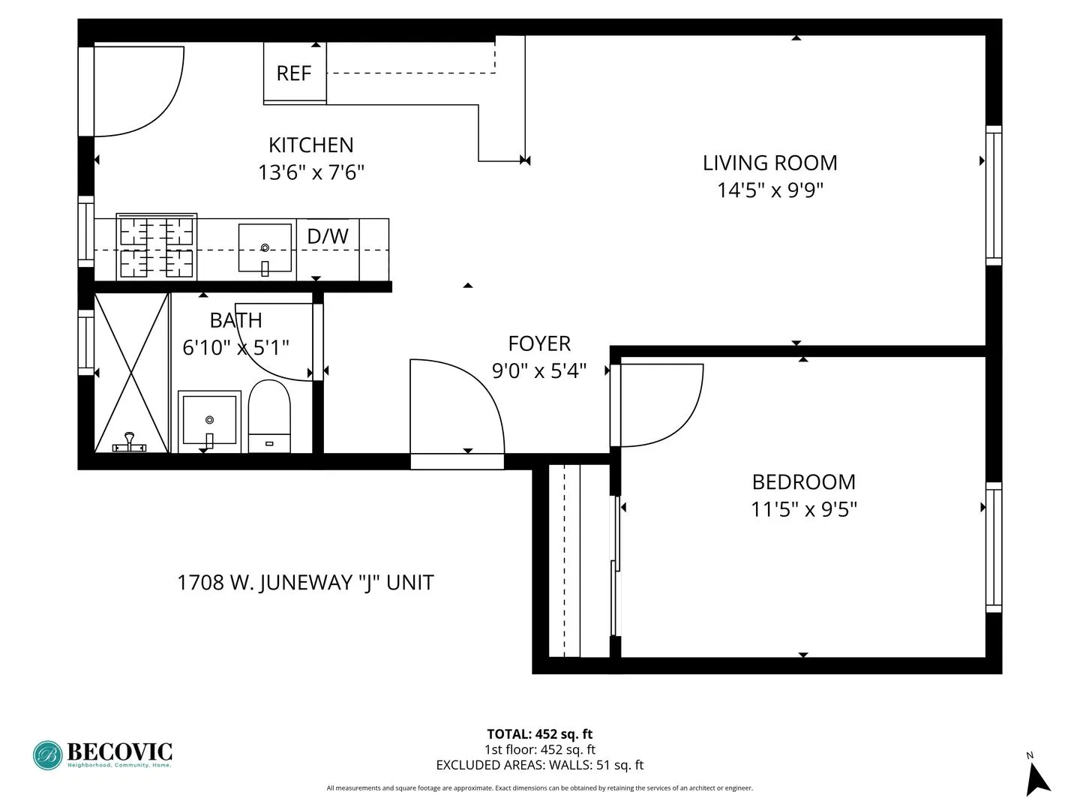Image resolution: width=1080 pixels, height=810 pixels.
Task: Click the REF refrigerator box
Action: [294, 73]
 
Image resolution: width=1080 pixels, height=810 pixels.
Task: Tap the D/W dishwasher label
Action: [328, 236]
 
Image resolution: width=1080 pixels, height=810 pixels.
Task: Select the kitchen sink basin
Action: [265, 246]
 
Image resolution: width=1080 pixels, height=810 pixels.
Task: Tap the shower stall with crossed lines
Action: [131, 373]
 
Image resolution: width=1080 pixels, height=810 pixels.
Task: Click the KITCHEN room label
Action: [310, 145]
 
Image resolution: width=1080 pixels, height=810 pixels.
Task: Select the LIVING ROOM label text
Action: [769, 163]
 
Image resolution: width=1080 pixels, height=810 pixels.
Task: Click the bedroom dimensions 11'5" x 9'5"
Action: [803, 510]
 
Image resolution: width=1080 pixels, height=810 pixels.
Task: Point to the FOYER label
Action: [539, 343]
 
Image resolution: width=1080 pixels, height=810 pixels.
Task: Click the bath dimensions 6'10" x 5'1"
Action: [235, 348]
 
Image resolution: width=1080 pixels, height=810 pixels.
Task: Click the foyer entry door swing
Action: [457, 409]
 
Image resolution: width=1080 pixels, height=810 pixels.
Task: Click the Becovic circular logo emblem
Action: [48, 755]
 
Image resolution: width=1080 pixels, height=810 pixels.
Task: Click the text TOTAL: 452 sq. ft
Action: [539, 734]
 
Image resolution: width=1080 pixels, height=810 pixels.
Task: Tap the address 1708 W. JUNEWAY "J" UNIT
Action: [305, 583]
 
